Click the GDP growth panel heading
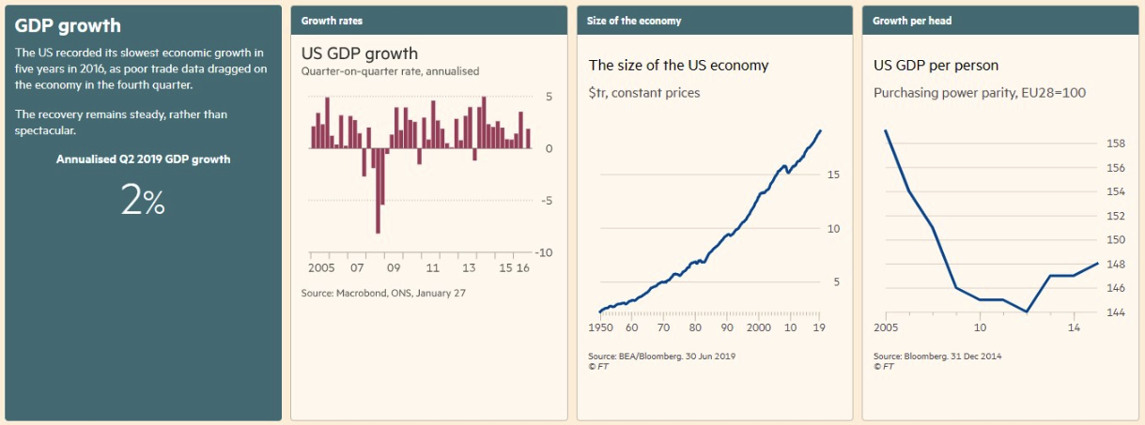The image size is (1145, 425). (68, 26)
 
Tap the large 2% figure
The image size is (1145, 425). (143, 200)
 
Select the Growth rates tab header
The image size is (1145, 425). (332, 21)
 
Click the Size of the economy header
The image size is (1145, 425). (634, 21)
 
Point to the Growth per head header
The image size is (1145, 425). (912, 21)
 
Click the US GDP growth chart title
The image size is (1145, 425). (359, 53)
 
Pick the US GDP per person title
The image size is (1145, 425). (936, 66)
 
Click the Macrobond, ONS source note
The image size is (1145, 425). (383, 294)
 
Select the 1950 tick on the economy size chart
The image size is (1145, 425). (599, 328)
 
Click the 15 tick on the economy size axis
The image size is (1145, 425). (832, 175)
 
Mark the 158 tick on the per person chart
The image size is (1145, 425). (1115, 144)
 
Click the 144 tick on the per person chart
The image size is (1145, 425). (1115, 312)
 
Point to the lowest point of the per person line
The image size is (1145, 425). (1027, 311)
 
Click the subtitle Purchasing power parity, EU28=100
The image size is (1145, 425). (980, 93)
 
